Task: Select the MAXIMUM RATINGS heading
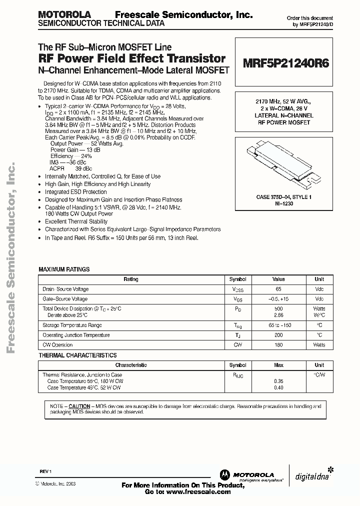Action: click(64, 269)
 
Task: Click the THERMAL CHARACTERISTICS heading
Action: click(77, 355)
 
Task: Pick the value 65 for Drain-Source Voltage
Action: click(278, 289)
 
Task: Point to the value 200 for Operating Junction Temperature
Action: click(278, 335)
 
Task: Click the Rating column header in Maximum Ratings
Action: click(131, 279)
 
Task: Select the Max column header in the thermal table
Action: click(278, 365)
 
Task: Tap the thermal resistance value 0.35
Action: click(278, 381)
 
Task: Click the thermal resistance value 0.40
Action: click(278, 387)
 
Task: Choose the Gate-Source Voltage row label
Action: click(65, 298)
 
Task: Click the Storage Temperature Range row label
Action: click(72, 325)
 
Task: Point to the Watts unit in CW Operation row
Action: click(319, 344)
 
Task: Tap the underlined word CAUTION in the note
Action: click(79, 406)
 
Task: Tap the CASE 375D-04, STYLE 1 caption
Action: click(284, 197)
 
